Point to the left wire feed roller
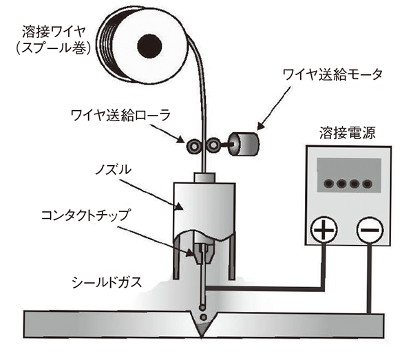pyautogui.click(x=195, y=145)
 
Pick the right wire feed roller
pyautogui.click(x=213, y=145)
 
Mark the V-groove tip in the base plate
pyautogui.click(x=201, y=335)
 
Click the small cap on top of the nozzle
pyautogui.click(x=205, y=177)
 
